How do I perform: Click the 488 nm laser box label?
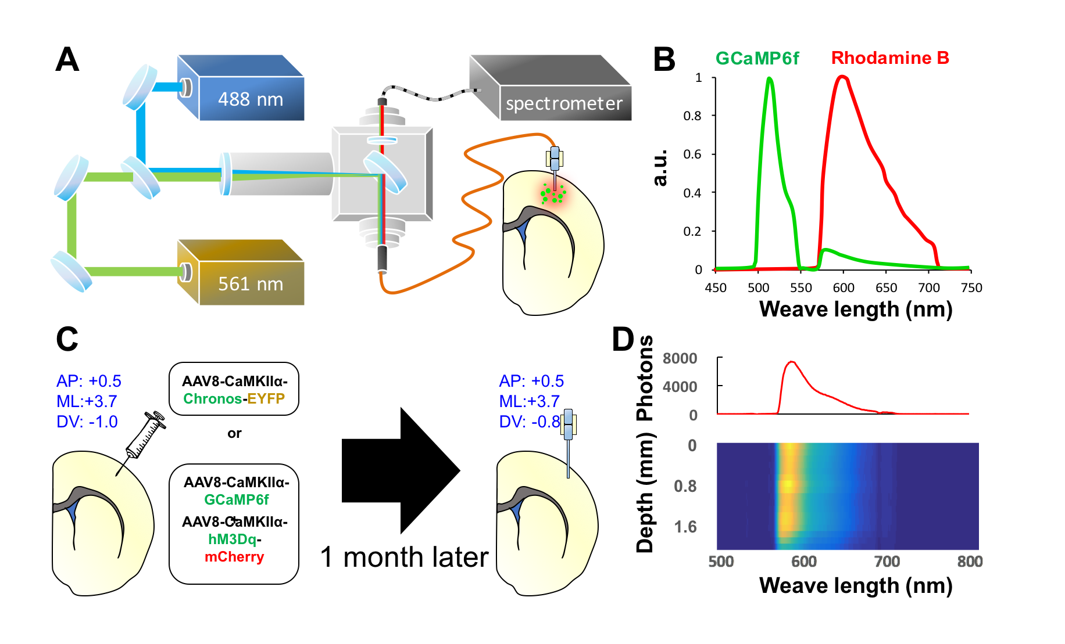251,99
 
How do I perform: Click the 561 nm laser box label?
251,284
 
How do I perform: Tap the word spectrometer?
564,104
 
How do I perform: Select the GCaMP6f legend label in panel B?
757,59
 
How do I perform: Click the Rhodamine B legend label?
889,58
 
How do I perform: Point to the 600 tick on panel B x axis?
844,288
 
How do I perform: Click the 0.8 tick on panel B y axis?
692,116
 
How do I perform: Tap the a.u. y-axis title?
661,169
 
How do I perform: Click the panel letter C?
67,339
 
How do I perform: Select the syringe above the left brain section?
145,436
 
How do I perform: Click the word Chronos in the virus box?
213,399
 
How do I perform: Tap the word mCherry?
234,557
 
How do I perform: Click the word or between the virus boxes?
234,433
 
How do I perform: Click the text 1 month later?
404,557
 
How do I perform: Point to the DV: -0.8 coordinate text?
529,422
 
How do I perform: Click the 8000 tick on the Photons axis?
680,358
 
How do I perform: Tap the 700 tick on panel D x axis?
887,562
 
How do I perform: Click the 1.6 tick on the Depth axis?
685,527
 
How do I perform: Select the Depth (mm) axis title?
645,494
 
